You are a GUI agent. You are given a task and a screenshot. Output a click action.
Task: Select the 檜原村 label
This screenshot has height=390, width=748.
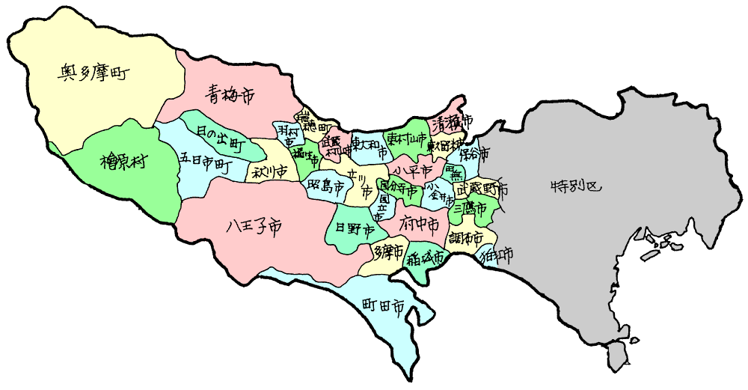123,161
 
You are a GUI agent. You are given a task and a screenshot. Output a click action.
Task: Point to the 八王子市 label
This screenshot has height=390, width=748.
254,225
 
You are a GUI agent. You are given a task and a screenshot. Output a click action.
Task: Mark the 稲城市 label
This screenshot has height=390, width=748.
426,258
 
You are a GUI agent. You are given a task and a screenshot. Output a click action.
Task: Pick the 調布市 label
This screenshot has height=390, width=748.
465,240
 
